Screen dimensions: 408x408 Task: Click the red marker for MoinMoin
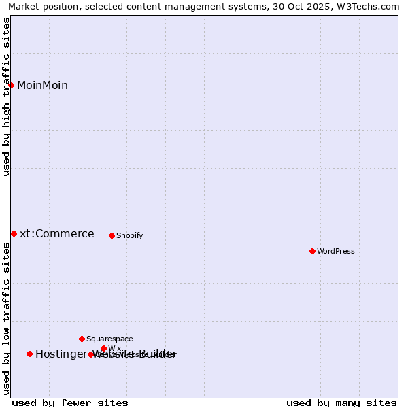[12, 85]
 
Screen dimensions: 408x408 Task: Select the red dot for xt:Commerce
[14, 233]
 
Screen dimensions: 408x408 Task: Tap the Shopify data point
[112, 235]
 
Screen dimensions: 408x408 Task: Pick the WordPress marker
[312, 251]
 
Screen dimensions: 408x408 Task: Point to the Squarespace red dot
[82, 339]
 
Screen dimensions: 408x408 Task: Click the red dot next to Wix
[103, 348]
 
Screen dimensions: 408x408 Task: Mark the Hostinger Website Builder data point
[29, 354]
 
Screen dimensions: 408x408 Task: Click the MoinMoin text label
[42, 86]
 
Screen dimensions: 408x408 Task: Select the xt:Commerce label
[57, 234]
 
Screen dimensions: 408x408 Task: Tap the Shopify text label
[129, 236]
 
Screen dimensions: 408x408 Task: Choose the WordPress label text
[336, 252]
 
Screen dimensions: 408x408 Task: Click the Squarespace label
[109, 339]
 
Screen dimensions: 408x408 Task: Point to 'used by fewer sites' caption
[70, 403]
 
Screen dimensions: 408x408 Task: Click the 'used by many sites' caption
[341, 403]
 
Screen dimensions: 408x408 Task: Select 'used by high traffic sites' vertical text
[7, 97]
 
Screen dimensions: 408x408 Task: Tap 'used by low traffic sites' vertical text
[7, 318]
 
